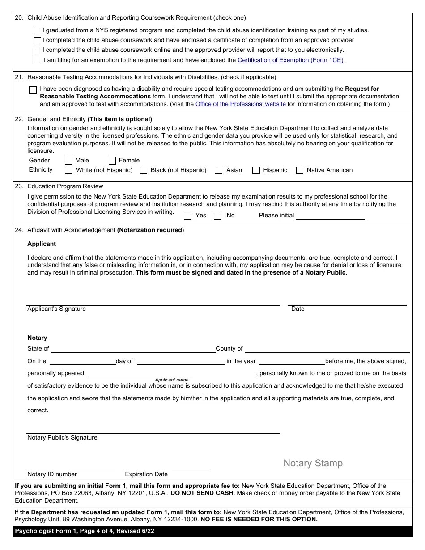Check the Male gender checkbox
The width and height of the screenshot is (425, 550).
[68, 161]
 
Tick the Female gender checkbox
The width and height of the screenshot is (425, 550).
[112, 161]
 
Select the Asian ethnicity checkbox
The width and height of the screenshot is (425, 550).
[219, 170]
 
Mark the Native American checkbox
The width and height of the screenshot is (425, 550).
[300, 170]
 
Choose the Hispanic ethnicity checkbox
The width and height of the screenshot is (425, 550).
[256, 170]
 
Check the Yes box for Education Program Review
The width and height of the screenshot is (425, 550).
[188, 216]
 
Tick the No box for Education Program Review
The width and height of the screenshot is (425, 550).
[217, 216]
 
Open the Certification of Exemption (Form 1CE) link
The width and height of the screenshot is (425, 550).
[291, 60]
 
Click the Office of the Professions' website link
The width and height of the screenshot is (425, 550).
[240, 104]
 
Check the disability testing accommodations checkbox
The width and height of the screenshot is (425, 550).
[33, 90]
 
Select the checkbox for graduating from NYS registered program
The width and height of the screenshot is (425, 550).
[37, 31]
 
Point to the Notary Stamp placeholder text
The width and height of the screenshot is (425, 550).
[313, 463]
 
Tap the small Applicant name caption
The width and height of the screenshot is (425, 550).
[172, 380]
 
